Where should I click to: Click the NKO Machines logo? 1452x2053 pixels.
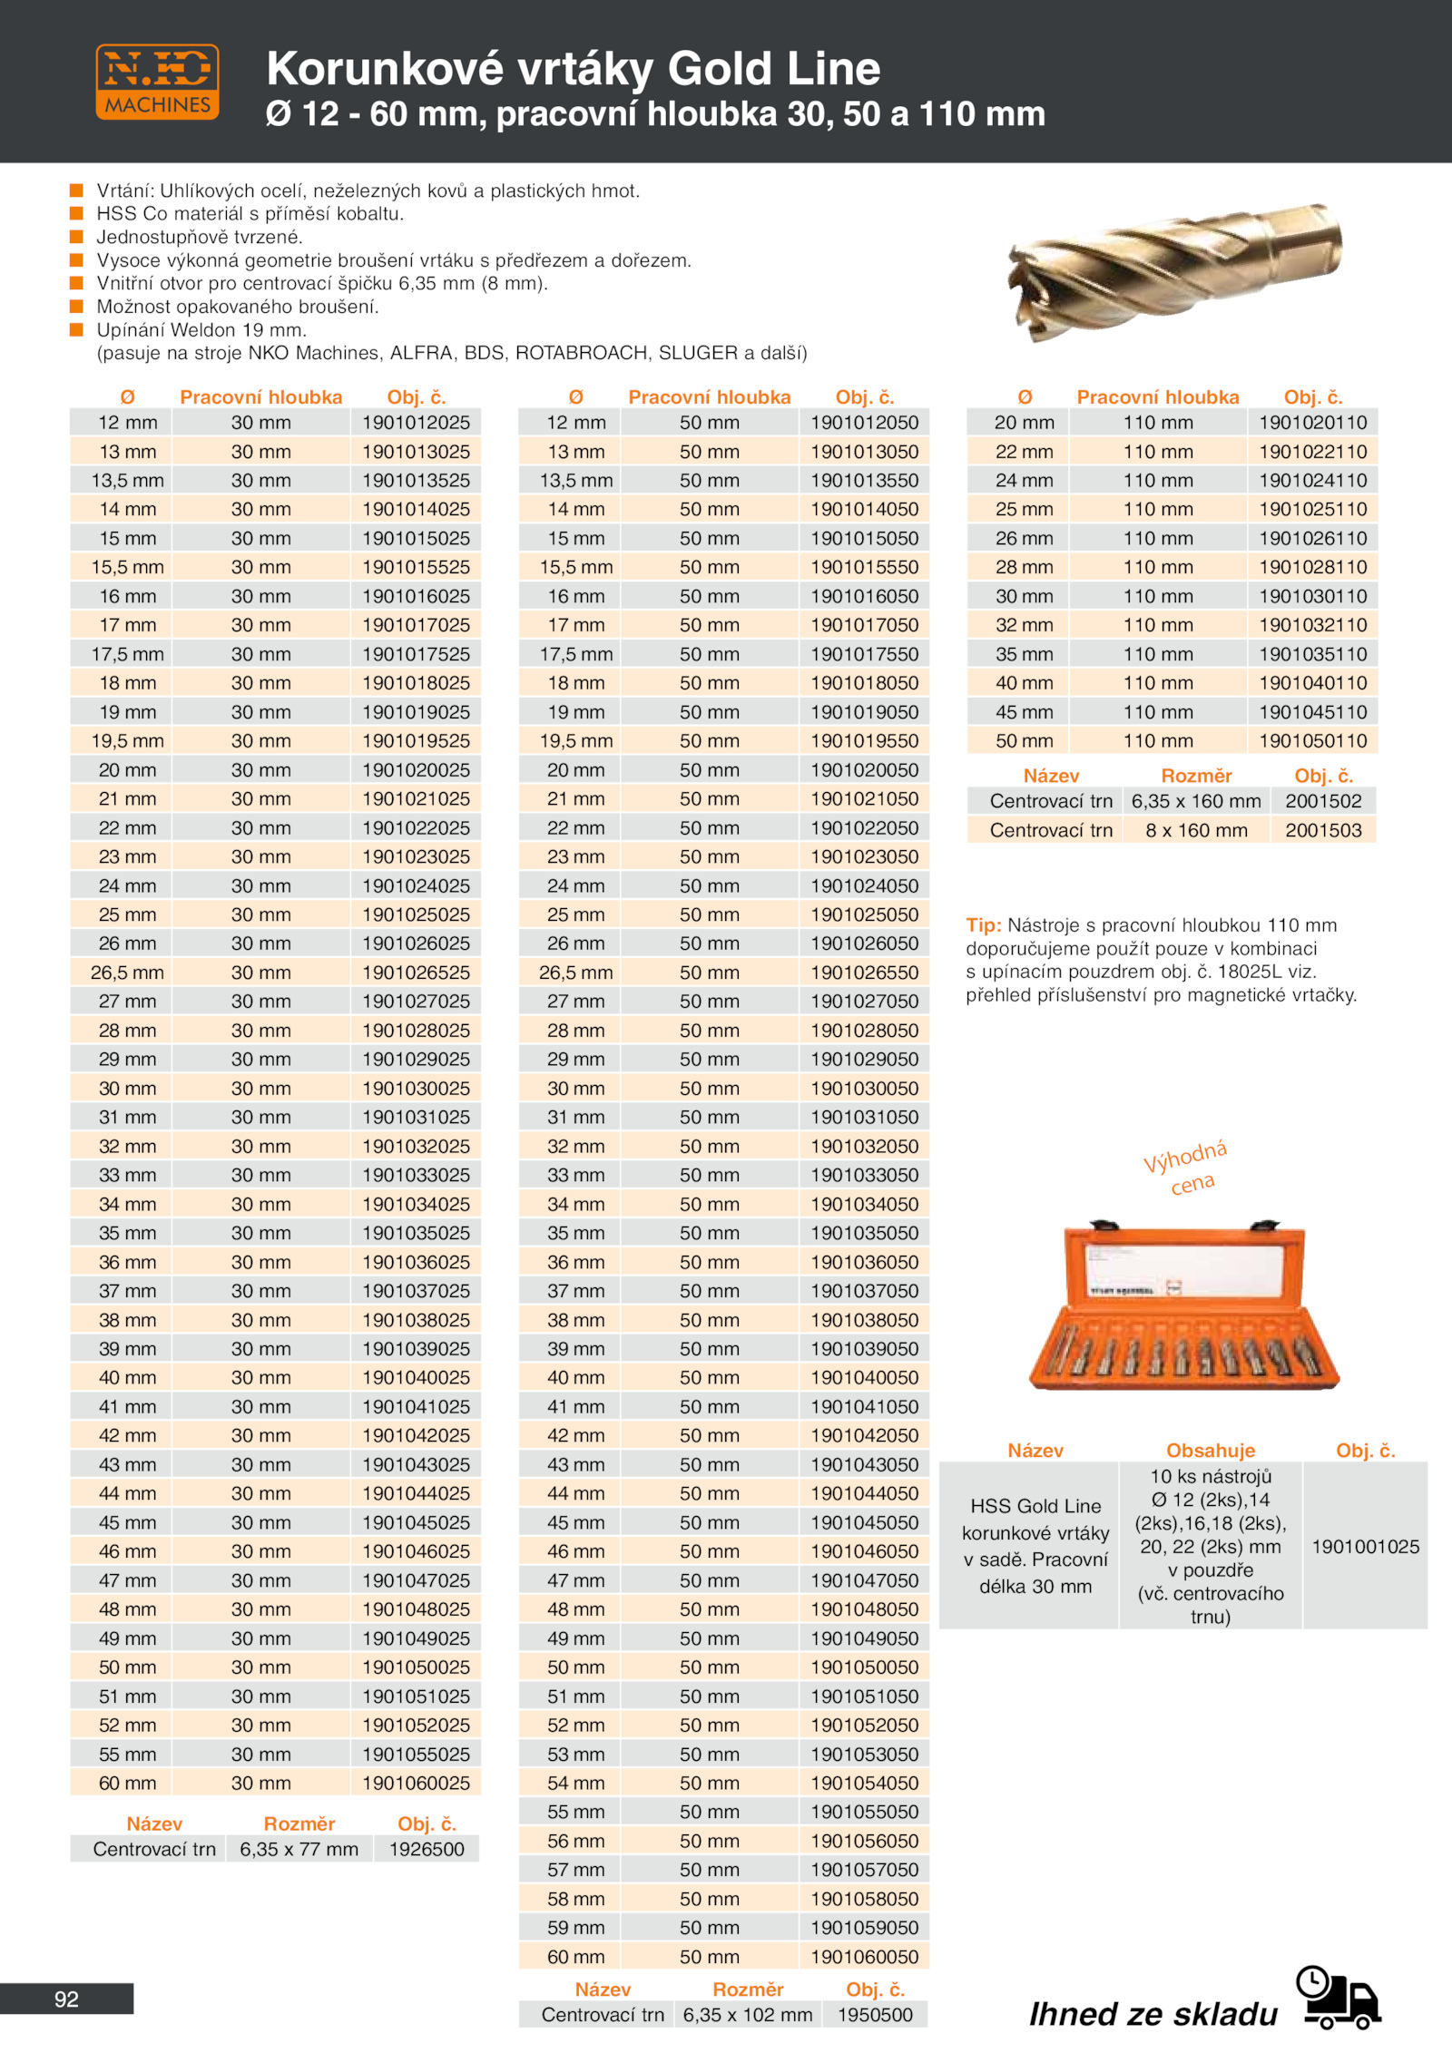pos(157,82)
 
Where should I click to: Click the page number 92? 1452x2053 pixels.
pos(66,1999)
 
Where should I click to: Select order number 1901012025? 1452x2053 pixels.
pos(417,423)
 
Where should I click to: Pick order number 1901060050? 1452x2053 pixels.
pos(865,1957)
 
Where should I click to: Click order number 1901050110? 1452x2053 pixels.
pos(1312,741)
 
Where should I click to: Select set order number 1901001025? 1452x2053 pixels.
pos(1365,1547)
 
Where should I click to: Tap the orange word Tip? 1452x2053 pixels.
pos(983,925)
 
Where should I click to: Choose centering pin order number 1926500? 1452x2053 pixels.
pos(427,1849)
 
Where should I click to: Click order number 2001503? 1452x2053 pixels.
pos(1323,830)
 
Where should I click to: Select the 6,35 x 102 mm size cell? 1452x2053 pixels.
pos(748,2015)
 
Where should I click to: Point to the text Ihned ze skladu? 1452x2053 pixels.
pos(1153,2014)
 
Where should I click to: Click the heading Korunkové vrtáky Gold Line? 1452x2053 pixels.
pos(573,69)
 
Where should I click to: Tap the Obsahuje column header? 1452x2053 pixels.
pos(1211,1451)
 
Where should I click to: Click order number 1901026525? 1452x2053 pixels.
pos(417,973)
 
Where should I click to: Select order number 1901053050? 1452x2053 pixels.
pos(865,1755)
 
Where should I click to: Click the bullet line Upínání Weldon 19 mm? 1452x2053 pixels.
pos(201,330)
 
